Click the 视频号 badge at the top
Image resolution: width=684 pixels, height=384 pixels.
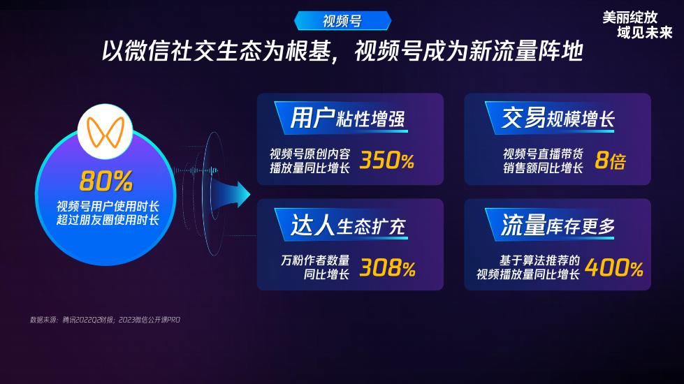pyautogui.click(x=342, y=21)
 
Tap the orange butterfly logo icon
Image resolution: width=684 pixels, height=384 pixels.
pyautogui.click(x=105, y=132)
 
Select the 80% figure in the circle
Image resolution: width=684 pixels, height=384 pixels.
pyautogui.click(x=106, y=181)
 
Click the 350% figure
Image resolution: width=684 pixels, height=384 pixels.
pyautogui.click(x=386, y=160)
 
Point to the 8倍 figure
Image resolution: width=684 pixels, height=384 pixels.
pyautogui.click(x=610, y=160)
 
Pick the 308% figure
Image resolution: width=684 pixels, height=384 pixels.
pyautogui.click(x=387, y=267)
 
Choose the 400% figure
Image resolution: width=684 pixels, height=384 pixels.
pyautogui.click(x=613, y=267)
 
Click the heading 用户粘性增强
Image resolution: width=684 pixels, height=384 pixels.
pyautogui.click(x=348, y=119)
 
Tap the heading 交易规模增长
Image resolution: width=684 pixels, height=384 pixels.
pyautogui.click(x=558, y=118)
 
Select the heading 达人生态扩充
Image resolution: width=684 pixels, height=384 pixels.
pyautogui.click(x=348, y=226)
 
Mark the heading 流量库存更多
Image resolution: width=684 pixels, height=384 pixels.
pyautogui.click(x=558, y=226)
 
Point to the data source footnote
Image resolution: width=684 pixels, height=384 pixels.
pyautogui.click(x=105, y=320)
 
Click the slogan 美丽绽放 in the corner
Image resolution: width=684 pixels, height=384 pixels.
pyautogui.click(x=630, y=17)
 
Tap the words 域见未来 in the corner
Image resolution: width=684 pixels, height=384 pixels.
pyautogui.click(x=645, y=32)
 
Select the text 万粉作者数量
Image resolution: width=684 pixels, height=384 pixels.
pyautogui.click(x=315, y=260)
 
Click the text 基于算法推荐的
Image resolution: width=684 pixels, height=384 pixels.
pyautogui.click(x=539, y=260)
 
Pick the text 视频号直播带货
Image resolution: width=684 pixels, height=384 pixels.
pyautogui.click(x=543, y=154)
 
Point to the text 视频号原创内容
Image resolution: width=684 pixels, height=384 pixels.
pyautogui.click(x=310, y=154)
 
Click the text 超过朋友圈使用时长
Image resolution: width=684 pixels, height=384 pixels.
pyautogui.click(x=108, y=220)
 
